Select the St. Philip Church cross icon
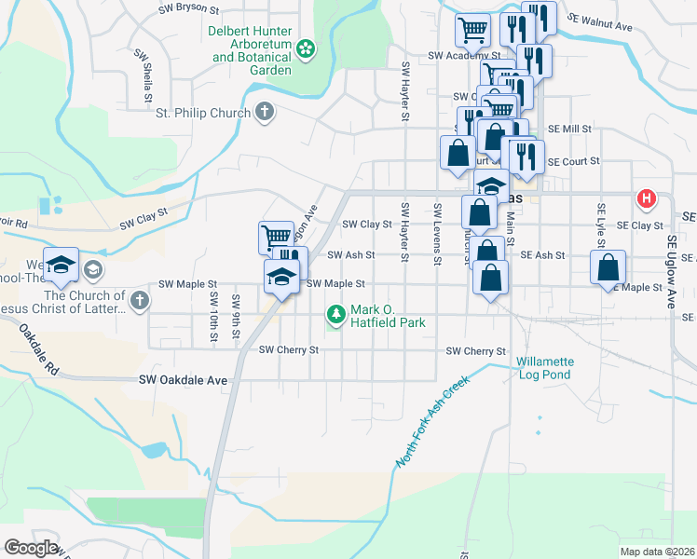(265, 113)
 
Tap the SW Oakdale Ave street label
(183, 380)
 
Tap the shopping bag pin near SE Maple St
(608, 267)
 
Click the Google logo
(31, 548)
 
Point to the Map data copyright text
(658, 552)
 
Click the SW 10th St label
(213, 314)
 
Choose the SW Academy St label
(458, 56)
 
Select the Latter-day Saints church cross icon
(139, 299)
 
